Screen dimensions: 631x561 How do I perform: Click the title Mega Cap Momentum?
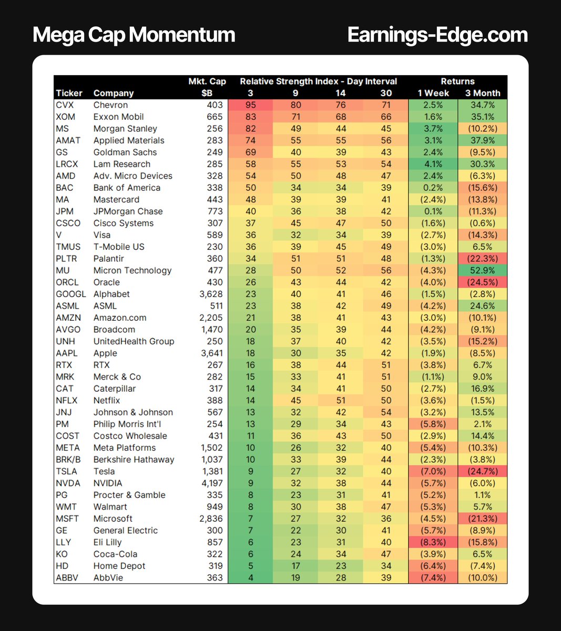pos(134,35)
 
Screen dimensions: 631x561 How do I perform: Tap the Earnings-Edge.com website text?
pos(437,35)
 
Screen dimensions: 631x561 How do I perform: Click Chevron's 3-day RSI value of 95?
pos(250,105)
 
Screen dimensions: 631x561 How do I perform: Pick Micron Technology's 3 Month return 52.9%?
pos(482,270)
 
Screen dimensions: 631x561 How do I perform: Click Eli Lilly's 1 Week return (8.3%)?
pos(433,542)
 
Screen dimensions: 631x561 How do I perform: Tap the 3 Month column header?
pos(482,93)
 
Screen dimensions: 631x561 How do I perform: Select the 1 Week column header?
pos(433,93)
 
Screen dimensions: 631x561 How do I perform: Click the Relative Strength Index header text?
pos(318,82)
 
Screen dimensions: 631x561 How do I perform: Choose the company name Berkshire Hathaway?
pos(134,460)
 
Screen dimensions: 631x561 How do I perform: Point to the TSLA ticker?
pos(66,471)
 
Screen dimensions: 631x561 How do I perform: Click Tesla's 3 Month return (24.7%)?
pos(482,471)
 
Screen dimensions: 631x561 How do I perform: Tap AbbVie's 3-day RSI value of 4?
pos(250,578)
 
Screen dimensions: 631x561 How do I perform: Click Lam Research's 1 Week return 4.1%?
pos(433,164)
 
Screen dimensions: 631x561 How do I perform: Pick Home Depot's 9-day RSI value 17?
pos(295,566)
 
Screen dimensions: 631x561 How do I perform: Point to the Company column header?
pos(114,93)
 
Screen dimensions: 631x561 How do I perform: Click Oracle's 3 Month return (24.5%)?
pos(482,282)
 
